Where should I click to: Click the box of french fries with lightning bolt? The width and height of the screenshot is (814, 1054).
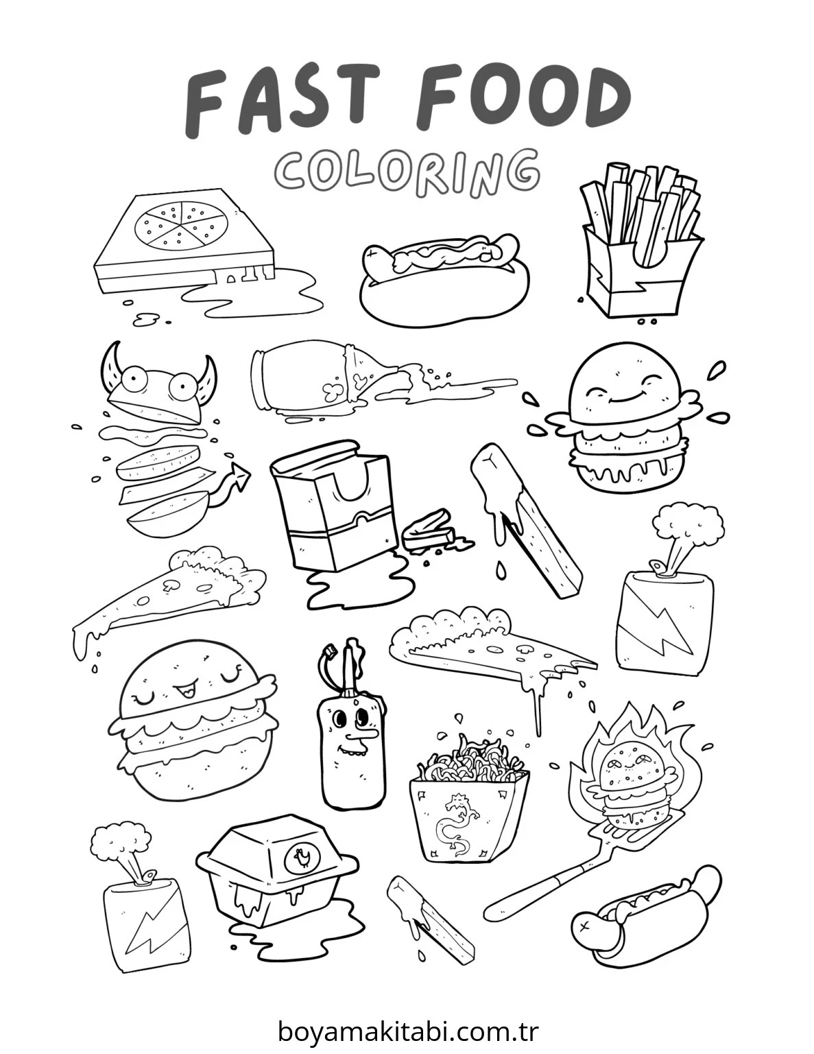[641, 246]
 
